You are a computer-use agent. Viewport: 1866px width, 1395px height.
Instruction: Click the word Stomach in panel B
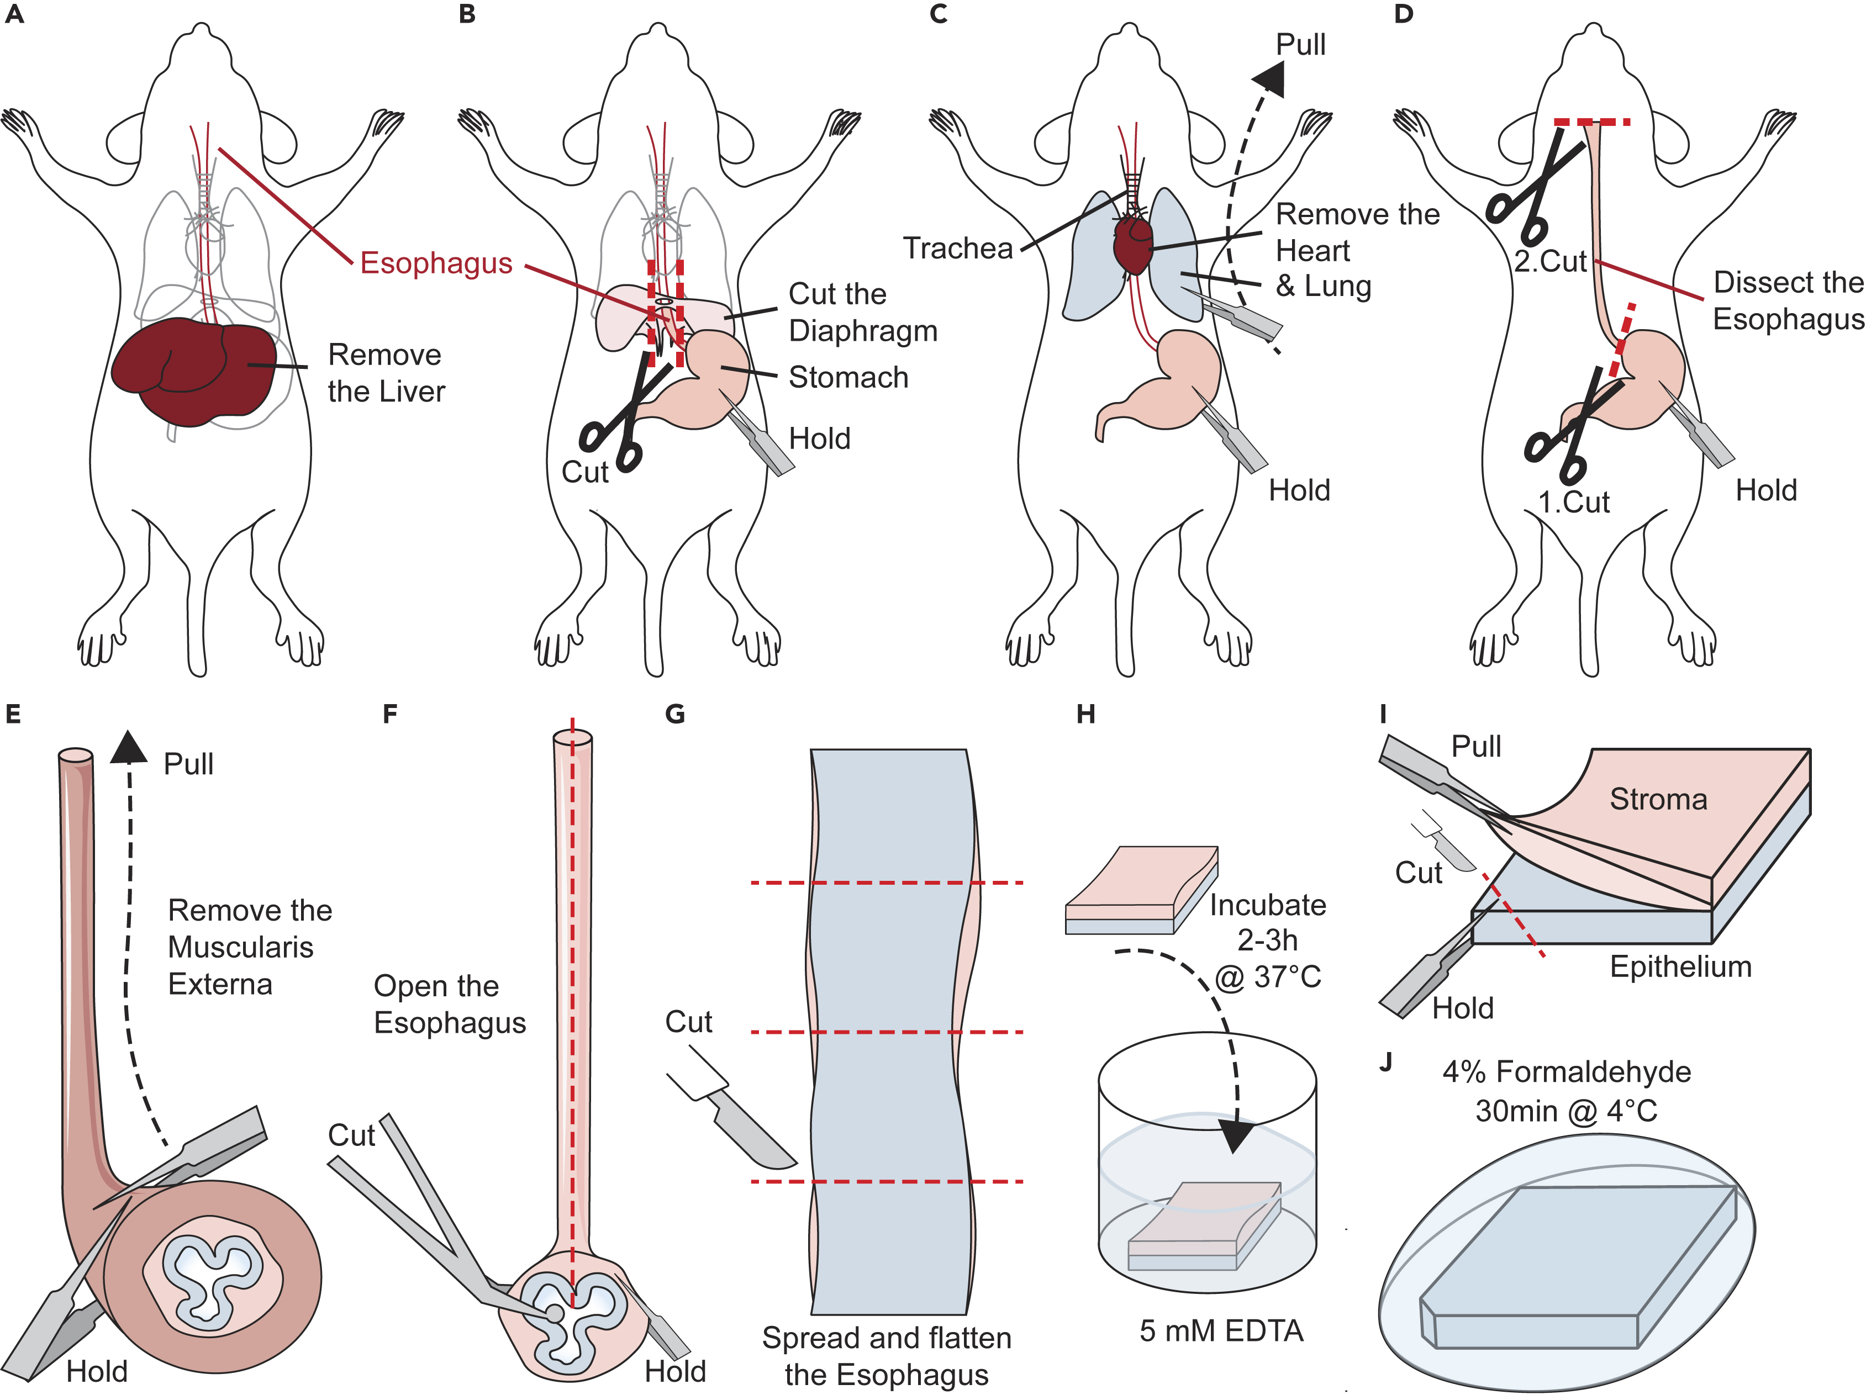848,377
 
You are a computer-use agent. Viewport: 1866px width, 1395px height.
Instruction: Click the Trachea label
957,248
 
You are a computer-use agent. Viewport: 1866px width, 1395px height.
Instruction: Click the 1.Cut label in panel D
1573,503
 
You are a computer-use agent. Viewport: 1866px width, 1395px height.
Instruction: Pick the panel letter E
13,715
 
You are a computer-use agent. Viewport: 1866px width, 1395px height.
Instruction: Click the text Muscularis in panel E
240,947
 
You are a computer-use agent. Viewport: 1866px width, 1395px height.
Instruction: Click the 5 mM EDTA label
1221,1331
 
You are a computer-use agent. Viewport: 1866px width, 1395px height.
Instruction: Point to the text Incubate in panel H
1267,905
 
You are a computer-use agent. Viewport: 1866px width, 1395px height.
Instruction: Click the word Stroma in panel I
1658,799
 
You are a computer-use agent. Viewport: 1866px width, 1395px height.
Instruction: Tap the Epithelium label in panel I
1680,966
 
